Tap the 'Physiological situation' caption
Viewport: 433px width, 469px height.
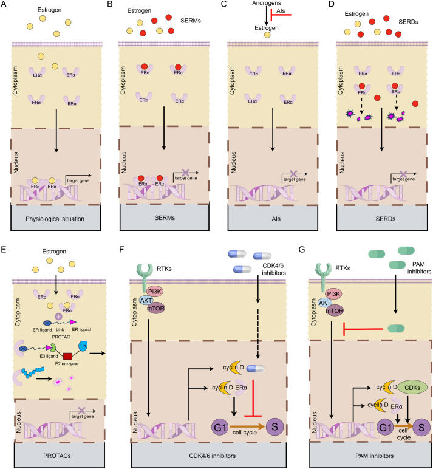click(x=49, y=218)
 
